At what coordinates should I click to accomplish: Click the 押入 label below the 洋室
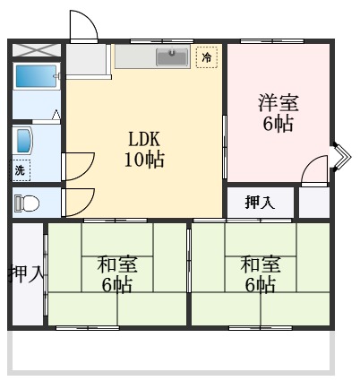click(x=260, y=203)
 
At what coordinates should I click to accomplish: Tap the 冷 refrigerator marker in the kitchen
click(x=208, y=57)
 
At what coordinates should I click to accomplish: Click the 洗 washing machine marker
click(x=20, y=169)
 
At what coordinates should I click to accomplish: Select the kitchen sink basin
click(x=173, y=56)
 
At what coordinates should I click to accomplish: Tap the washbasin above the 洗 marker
click(x=22, y=140)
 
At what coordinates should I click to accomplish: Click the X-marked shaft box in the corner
click(x=35, y=49)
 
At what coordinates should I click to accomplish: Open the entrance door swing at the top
click(x=82, y=27)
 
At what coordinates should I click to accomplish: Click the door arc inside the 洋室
click(x=313, y=169)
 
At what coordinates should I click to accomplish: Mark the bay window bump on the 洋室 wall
click(x=339, y=158)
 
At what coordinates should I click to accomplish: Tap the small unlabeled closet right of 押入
click(x=314, y=203)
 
